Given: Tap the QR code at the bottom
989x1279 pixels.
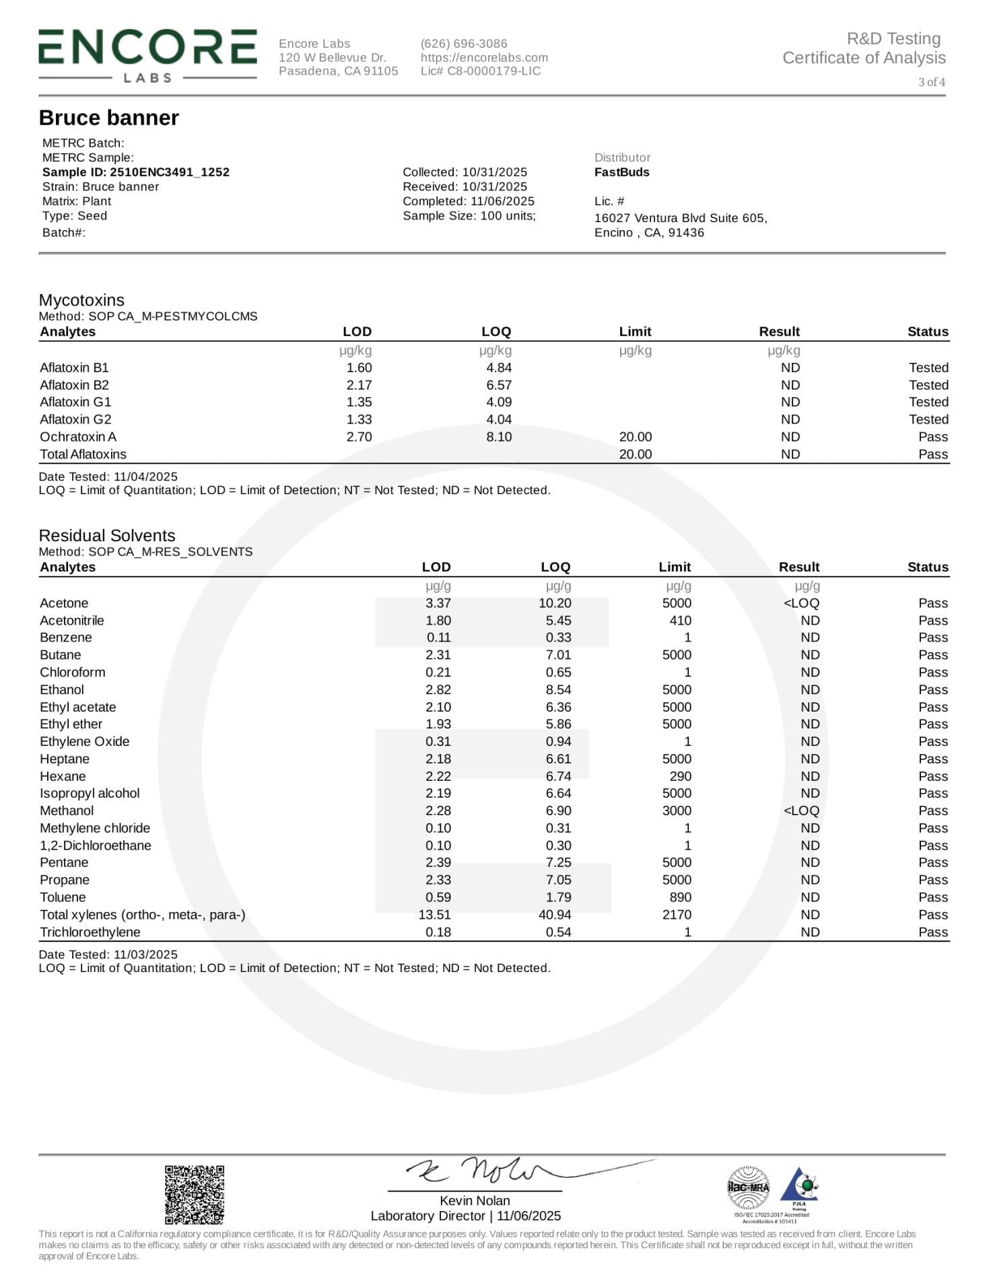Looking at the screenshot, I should coord(195,1194).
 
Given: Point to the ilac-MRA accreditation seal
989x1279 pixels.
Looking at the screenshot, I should coord(748,1186).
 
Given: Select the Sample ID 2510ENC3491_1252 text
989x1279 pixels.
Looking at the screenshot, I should coord(135,172).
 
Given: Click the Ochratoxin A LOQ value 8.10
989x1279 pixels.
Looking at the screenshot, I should coord(499,437).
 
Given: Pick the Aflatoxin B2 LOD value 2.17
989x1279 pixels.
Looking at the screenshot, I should coord(359,385).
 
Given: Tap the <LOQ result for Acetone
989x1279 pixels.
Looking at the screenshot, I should coord(801,603).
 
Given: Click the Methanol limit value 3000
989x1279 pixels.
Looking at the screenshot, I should coord(677,810).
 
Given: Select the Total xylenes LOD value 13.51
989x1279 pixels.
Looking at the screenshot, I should coord(434,915).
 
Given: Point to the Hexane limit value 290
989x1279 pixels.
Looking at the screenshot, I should coord(680,776).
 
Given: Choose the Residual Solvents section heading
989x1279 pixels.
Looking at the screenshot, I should coord(107,536).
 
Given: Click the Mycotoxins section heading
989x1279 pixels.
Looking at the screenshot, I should coord(81,300).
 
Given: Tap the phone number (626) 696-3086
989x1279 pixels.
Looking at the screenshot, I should coord(464,44).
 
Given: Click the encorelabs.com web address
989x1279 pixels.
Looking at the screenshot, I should coord(484,58).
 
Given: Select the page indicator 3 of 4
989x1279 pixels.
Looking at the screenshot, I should coord(932,82).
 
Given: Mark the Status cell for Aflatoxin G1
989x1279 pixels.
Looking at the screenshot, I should coord(928,402).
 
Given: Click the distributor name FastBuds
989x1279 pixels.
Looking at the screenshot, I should coord(621,172).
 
